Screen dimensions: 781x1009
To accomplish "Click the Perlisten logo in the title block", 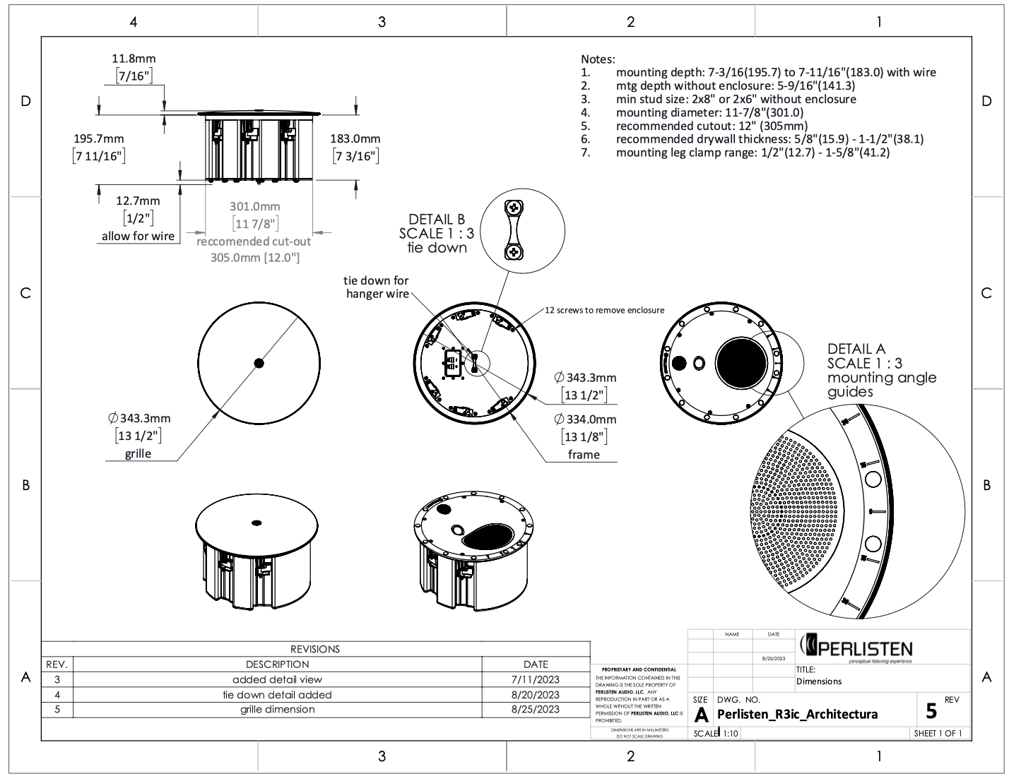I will [856, 647].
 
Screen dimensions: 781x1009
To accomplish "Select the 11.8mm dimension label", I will [134, 59].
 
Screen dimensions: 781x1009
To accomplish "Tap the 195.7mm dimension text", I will [98, 139].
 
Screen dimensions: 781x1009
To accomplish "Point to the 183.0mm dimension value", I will [355, 139].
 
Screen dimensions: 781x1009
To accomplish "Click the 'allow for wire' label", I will [138, 236].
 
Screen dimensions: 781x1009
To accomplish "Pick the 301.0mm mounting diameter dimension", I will [254, 207].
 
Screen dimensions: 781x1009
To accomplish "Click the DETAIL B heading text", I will [437, 220].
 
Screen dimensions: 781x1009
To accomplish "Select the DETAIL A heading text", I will [856, 349].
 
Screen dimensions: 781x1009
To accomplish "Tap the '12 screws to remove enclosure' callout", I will [604, 310].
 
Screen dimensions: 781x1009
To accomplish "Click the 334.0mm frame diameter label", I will [591, 419].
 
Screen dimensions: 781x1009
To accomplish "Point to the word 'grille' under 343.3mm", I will [138, 453].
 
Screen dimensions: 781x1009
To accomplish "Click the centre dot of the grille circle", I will [259, 363].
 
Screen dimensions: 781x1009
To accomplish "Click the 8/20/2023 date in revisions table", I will [536, 694].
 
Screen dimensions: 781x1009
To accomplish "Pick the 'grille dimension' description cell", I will [277, 709].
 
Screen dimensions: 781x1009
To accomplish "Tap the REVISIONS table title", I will [315, 649].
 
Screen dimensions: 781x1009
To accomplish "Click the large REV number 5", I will [931, 710].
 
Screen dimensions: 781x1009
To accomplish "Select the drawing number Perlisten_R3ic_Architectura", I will [797, 714].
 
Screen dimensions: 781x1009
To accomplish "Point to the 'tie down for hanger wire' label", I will [377, 287].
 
